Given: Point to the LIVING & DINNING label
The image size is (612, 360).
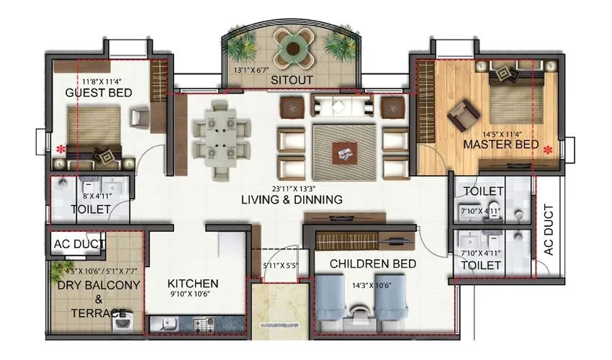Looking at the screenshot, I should click(292, 199).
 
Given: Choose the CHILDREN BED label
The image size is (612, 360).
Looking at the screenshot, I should click(373, 264).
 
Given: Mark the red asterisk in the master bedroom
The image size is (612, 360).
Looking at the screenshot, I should click(549, 150).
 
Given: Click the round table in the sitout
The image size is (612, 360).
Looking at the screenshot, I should click(291, 48).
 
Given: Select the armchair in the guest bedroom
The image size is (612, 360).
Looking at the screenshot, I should click(140, 117).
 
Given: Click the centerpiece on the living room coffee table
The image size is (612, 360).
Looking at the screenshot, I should click(343, 152).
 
